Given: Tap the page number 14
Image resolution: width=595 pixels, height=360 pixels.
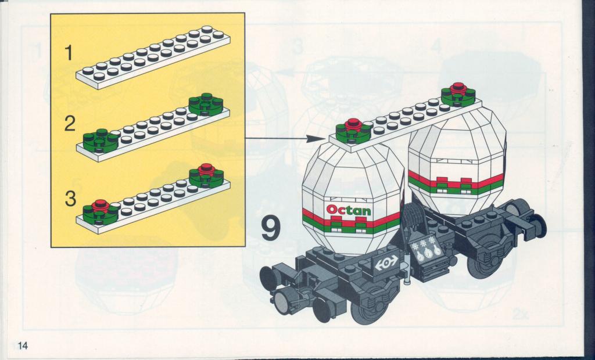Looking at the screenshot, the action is click(23, 345).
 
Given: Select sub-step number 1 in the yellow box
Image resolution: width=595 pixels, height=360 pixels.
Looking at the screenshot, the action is click(69, 53).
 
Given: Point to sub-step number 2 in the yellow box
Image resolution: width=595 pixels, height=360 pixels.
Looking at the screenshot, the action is click(70, 124).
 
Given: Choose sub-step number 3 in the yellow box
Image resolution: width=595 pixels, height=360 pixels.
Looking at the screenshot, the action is click(70, 199).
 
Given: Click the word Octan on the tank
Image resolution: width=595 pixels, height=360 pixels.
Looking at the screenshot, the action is click(349, 210).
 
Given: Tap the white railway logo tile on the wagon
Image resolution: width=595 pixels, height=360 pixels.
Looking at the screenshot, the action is click(386, 263).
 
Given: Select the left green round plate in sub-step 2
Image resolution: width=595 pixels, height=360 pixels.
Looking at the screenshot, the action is click(101, 142).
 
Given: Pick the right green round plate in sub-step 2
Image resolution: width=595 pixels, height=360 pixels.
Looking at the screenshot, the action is click(206, 105).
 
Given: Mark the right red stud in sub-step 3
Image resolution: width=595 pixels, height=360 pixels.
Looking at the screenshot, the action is click(206, 169).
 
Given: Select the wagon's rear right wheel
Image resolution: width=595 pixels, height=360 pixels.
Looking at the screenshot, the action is click(484, 260).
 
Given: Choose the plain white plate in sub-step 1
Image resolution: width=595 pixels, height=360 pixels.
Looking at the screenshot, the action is click(153, 57).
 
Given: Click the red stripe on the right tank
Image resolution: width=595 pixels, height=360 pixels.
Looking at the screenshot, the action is click(456, 181).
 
